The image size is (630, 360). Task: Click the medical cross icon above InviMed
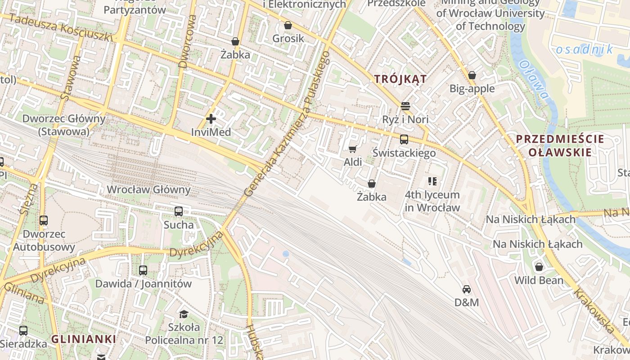(211, 119)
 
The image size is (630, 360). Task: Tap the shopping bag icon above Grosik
(288, 25)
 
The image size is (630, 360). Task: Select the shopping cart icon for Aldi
(352, 149)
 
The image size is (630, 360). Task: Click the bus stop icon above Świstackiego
(404, 139)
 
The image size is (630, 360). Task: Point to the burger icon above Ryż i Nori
(405, 106)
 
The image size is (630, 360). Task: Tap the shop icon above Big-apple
(472, 75)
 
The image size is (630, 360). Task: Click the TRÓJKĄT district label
(400, 79)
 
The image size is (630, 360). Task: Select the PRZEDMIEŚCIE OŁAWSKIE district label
(560, 145)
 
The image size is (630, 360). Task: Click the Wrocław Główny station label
(148, 189)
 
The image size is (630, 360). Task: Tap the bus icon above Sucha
(179, 211)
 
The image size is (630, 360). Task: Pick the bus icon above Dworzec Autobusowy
(44, 220)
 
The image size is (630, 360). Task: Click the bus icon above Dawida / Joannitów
(143, 270)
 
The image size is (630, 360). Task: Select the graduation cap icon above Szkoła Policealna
(184, 314)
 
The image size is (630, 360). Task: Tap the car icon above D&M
(467, 289)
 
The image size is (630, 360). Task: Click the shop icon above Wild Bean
(539, 267)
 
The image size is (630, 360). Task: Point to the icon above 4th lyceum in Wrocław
(432, 181)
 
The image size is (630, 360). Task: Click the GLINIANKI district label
(84, 339)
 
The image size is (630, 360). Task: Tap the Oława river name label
(534, 80)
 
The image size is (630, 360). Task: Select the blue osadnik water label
(585, 49)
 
